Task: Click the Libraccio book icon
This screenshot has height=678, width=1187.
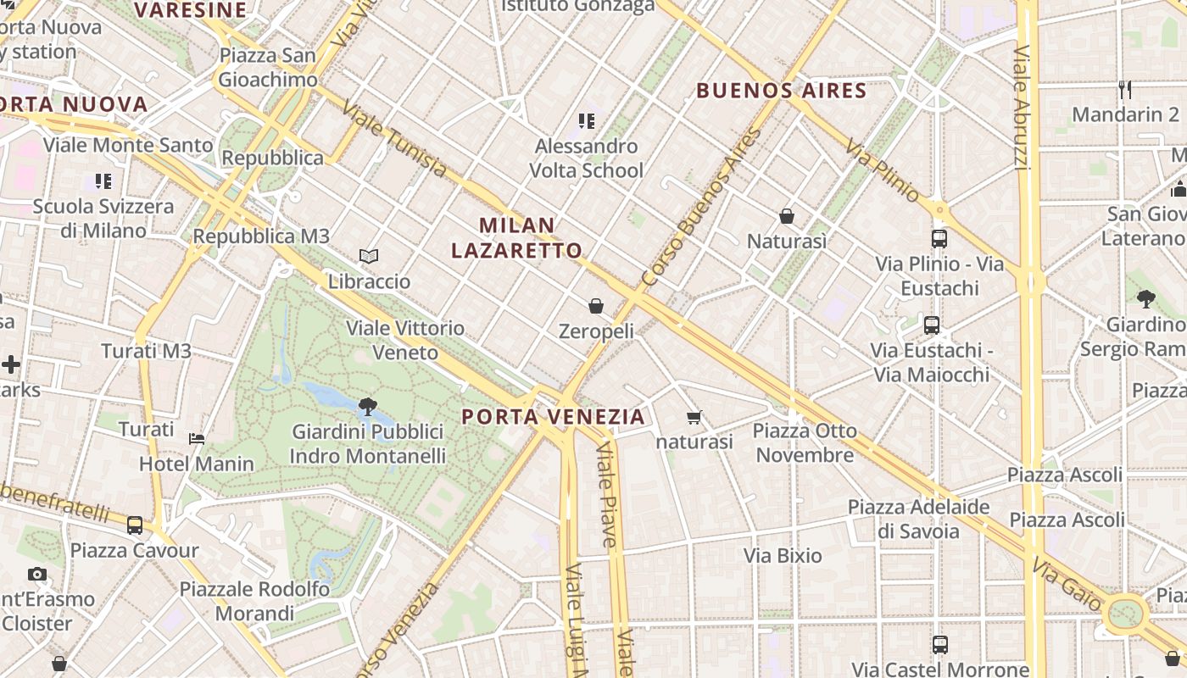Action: [x=369, y=255]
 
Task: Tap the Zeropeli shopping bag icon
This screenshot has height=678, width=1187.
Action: [x=596, y=305]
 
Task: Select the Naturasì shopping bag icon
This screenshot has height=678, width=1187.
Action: [x=787, y=216]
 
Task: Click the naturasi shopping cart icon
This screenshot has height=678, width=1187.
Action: [x=694, y=416]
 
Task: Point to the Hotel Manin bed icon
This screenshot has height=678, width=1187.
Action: [x=197, y=438]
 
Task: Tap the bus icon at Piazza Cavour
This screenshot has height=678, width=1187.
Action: [x=135, y=525]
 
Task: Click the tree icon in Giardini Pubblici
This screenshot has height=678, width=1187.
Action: [x=368, y=407]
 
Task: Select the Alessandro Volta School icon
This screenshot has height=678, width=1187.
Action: [x=586, y=121]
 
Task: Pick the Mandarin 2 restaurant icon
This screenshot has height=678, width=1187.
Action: [x=1125, y=89]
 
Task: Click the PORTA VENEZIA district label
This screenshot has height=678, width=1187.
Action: [x=554, y=417]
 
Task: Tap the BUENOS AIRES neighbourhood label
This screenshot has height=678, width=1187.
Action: [x=782, y=91]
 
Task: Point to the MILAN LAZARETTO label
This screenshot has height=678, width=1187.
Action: [x=517, y=237]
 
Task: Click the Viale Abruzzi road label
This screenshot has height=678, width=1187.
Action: [x=1023, y=108]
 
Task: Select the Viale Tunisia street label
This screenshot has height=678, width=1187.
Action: [x=395, y=141]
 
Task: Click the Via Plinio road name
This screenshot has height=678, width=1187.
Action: [x=882, y=171]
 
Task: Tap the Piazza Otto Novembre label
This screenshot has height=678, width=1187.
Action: [x=805, y=443]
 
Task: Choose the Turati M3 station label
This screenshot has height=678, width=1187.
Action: [x=146, y=351]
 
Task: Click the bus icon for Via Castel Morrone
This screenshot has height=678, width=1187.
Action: [x=939, y=644]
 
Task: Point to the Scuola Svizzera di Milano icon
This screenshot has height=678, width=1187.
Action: [x=103, y=181]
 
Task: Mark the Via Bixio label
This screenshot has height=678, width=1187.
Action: [x=783, y=556]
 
